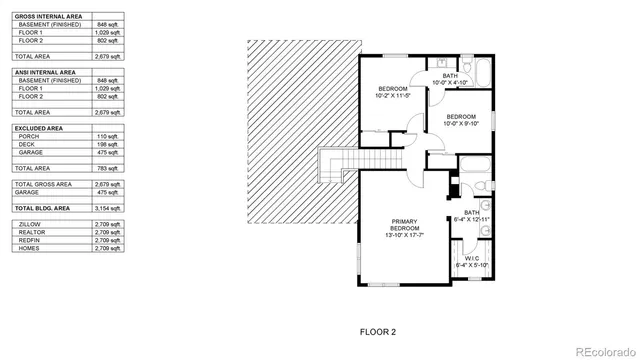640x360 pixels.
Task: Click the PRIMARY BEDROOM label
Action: (405, 223)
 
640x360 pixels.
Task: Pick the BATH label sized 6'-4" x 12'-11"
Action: (471, 213)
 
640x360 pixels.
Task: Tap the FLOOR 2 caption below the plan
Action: (378, 330)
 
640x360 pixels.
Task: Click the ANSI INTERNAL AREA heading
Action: (46, 71)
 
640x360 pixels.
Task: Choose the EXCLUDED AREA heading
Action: (39, 128)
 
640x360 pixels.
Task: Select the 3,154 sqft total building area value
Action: (106, 207)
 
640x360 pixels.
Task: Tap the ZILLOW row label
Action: (30, 225)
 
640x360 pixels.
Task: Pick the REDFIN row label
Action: (30, 241)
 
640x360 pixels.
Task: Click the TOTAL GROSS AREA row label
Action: (44, 184)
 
